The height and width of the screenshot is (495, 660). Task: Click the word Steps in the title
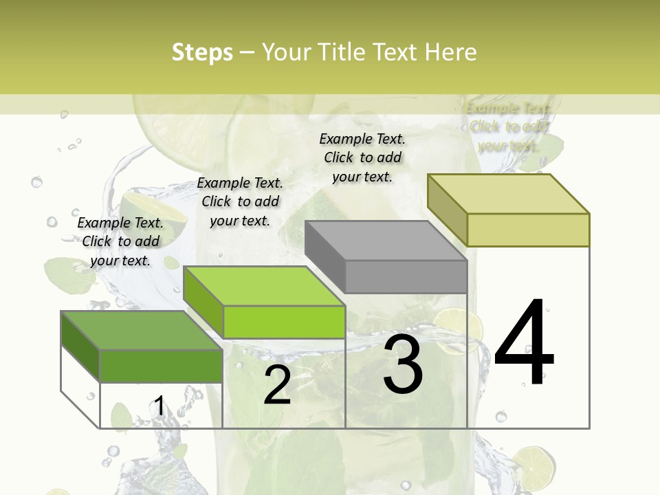202,52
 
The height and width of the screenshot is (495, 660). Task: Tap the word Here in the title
451,52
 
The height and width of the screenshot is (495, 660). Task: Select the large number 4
524,344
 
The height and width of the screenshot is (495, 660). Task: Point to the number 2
277,385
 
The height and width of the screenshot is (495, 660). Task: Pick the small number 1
159,406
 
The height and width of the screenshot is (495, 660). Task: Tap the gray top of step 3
386,241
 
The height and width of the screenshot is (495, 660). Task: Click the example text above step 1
120,241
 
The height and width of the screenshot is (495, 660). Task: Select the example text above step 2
240,201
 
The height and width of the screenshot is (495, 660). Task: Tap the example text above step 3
362,157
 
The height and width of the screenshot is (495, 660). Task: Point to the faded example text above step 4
509,127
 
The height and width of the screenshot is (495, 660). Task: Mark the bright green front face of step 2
284,322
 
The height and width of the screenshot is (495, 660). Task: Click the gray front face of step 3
406,277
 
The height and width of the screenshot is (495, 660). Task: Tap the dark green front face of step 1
161,366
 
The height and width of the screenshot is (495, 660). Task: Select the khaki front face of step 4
528,230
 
